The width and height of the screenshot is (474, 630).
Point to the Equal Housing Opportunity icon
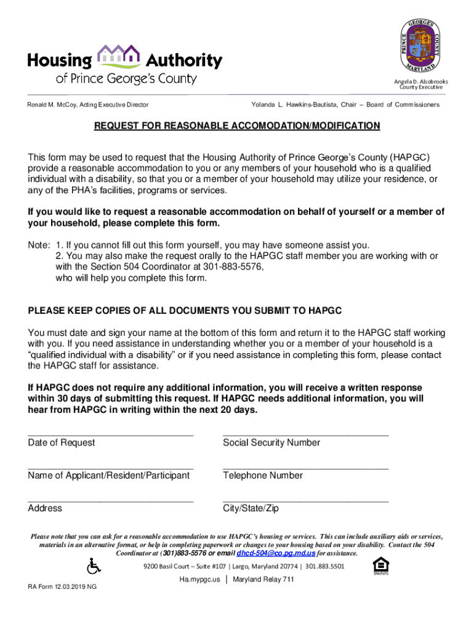coord(382,565)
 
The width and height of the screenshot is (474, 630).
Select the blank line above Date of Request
coord(110,435)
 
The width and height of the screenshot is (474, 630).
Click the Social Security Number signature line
coord(305,435)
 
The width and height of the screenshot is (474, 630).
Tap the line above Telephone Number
coord(305,468)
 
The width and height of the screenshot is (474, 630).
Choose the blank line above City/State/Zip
coord(305,501)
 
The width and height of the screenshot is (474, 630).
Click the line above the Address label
coord(110,501)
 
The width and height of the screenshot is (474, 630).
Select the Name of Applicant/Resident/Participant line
coord(110,468)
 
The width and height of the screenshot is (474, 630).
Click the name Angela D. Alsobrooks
coord(421,82)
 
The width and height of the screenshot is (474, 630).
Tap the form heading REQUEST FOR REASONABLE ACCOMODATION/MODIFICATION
coord(236,126)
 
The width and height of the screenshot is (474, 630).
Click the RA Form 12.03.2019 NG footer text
coord(62,587)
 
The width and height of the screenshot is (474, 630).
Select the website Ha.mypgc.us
coord(199,580)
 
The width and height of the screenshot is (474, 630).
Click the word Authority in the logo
coord(183,60)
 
